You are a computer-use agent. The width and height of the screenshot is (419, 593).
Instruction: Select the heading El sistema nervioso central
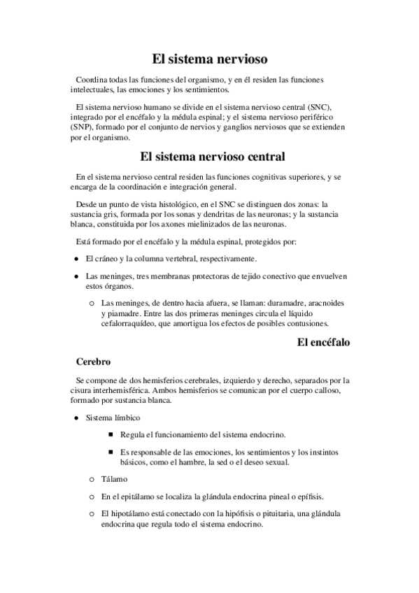point(210,157)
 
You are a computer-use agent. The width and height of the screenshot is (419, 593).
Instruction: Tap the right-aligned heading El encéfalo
point(324,343)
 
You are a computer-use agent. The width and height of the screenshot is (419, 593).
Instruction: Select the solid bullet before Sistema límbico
point(75,418)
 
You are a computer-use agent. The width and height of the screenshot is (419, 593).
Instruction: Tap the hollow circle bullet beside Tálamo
point(92,480)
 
